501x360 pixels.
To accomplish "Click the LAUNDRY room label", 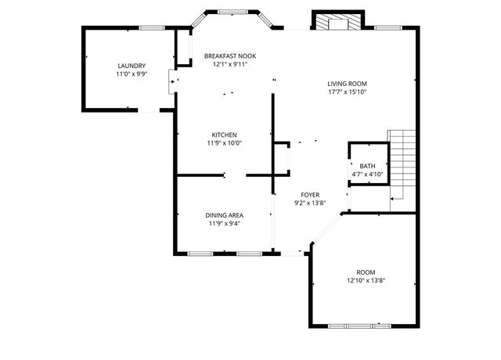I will click(132, 66).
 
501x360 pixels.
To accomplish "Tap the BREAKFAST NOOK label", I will click(230, 56).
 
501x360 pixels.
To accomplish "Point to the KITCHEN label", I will click(224, 135).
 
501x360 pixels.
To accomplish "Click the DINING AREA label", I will click(224, 215).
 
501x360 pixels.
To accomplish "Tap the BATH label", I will click(367, 166).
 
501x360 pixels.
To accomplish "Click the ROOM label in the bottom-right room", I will click(366, 272).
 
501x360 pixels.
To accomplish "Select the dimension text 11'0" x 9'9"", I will click(132, 74).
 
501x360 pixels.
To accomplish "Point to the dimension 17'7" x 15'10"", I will click(348, 92).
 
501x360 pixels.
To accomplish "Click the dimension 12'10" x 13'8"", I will click(366, 281).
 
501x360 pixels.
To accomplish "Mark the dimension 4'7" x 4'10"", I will click(367, 174).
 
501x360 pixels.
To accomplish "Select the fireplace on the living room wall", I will click(337, 21).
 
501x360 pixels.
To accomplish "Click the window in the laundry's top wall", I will click(151, 27).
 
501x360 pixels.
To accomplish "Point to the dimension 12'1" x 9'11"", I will click(230, 65).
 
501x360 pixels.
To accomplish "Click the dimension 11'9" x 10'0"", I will click(224, 143).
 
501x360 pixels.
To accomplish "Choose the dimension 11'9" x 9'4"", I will click(224, 224).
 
